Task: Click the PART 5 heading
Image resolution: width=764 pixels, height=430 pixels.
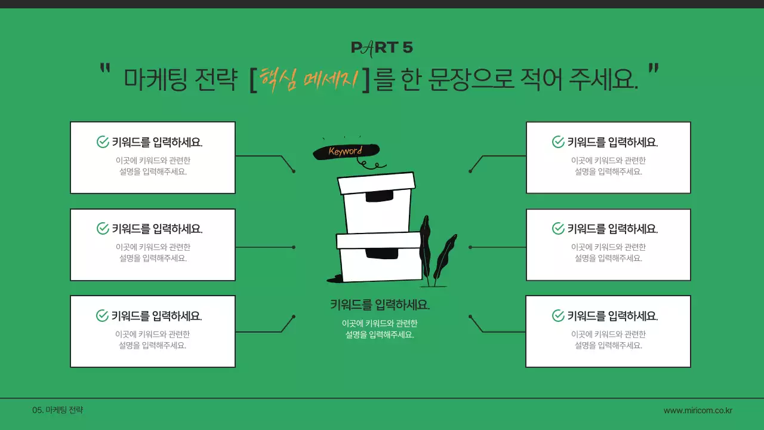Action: pyautogui.click(x=381, y=48)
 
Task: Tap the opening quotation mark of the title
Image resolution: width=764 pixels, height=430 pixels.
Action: pyautogui.click(x=106, y=69)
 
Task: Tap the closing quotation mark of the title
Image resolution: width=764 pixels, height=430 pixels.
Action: pyautogui.click(x=653, y=69)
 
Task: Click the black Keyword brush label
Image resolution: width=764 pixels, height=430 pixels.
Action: pyautogui.click(x=346, y=151)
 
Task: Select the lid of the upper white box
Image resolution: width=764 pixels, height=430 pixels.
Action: pyautogui.click(x=376, y=183)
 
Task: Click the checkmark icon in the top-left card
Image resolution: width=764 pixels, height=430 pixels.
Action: pyautogui.click(x=103, y=142)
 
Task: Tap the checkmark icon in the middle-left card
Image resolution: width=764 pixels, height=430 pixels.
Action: pyautogui.click(x=103, y=229)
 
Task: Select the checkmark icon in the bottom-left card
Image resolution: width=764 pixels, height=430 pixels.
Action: pyautogui.click(x=103, y=316)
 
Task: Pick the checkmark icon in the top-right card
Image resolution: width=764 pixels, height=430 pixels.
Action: pyautogui.click(x=558, y=142)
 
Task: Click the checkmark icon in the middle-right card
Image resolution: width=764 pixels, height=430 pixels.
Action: pyautogui.click(x=558, y=229)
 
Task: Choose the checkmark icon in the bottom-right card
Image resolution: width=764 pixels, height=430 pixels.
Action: pyautogui.click(x=558, y=316)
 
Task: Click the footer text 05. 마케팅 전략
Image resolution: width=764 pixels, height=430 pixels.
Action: pyautogui.click(x=58, y=410)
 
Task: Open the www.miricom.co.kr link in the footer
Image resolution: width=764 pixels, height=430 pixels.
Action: pyautogui.click(x=698, y=410)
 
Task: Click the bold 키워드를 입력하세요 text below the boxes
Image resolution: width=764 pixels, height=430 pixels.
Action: pyautogui.click(x=380, y=305)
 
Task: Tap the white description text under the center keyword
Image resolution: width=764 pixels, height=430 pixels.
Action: pyautogui.click(x=380, y=329)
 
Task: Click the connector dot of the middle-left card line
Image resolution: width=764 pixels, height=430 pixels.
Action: pyautogui.click(x=294, y=247)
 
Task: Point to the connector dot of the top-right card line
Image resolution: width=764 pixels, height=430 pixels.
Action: pyautogui.click(x=470, y=171)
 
